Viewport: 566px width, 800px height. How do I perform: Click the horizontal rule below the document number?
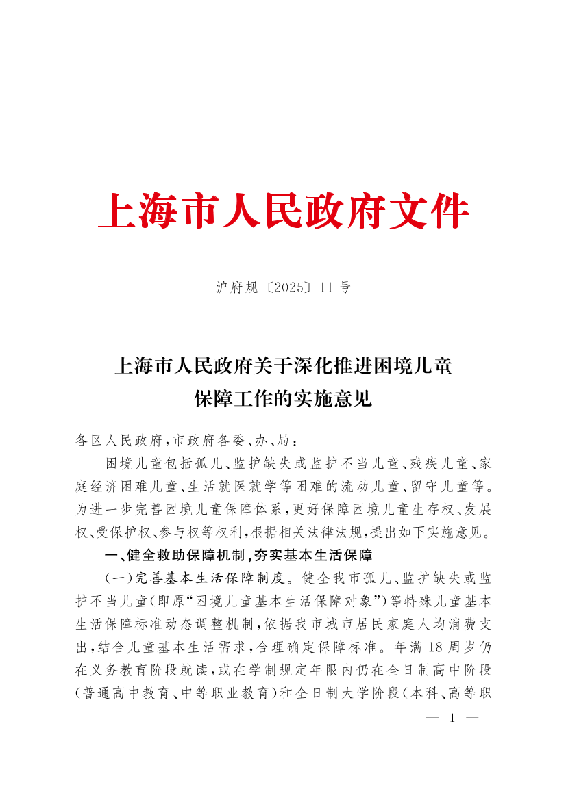point(283,305)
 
